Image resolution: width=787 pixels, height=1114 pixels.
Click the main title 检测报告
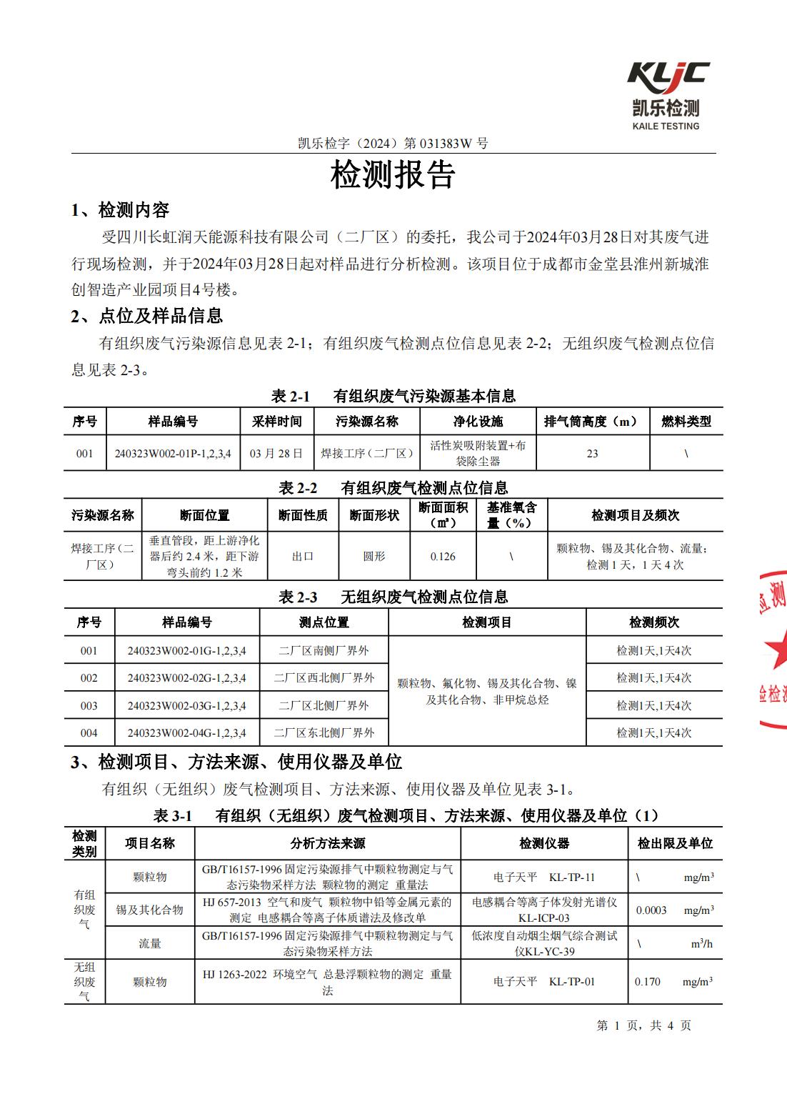click(x=393, y=175)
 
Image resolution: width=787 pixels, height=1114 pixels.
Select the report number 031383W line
click(x=393, y=143)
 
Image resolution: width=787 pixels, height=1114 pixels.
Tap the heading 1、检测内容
click(x=121, y=210)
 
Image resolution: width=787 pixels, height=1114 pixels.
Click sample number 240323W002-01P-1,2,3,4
click(x=173, y=454)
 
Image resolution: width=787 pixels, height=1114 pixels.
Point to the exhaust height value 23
click(x=592, y=454)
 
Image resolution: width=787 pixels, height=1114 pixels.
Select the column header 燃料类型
click(x=686, y=422)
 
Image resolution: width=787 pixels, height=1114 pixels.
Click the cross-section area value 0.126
click(x=443, y=557)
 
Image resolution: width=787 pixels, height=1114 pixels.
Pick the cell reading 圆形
click(x=374, y=557)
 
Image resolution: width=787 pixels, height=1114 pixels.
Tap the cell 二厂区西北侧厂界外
click(x=324, y=678)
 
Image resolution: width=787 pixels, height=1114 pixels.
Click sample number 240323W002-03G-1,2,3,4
click(x=187, y=706)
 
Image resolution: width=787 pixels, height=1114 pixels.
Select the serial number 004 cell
click(x=89, y=733)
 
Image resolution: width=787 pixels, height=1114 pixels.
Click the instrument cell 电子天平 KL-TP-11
click(x=543, y=877)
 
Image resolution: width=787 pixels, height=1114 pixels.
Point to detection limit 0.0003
click(x=651, y=910)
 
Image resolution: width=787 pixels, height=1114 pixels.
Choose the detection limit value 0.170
click(x=648, y=982)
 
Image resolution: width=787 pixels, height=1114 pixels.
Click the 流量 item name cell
click(x=149, y=944)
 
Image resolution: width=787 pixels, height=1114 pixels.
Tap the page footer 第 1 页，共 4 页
click(x=643, y=1025)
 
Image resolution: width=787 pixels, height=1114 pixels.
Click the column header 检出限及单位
click(x=675, y=844)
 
